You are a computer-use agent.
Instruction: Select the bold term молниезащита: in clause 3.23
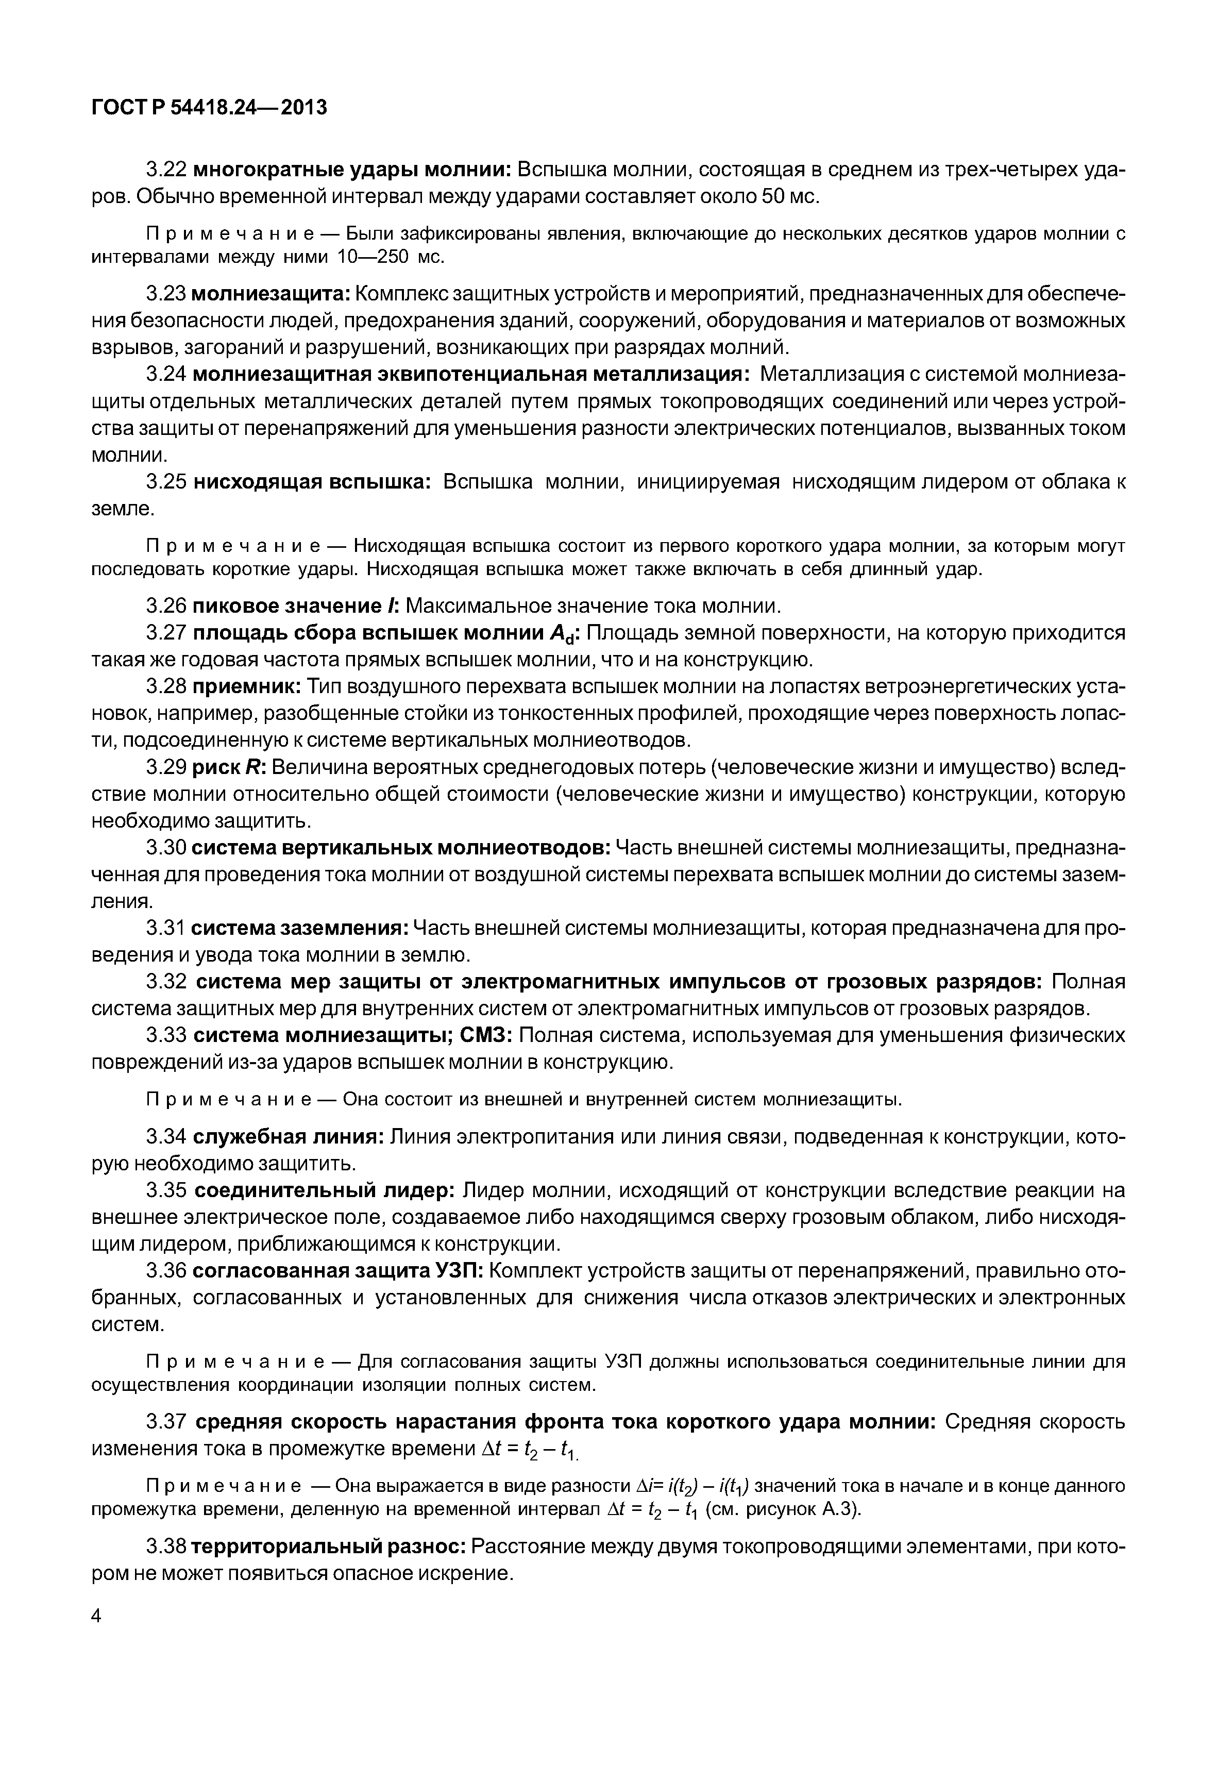(270, 294)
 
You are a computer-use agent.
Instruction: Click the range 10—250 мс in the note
(391, 257)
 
